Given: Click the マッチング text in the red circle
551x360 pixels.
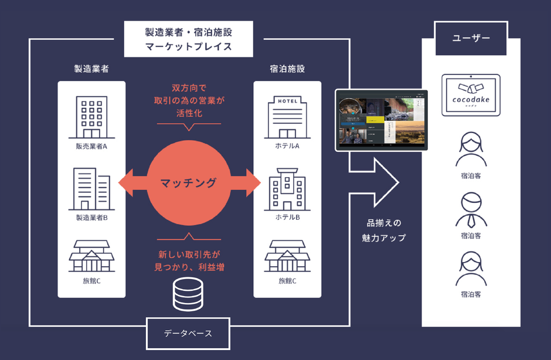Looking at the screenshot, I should pyautogui.click(x=189, y=183).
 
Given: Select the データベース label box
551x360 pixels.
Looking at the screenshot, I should pyautogui.click(x=188, y=334).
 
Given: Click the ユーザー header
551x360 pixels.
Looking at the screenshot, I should pyautogui.click(x=471, y=39).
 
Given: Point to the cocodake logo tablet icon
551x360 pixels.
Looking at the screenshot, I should pyautogui.click(x=471, y=94).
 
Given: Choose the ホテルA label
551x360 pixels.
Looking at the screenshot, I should pyautogui.click(x=287, y=146).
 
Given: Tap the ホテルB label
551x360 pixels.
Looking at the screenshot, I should pyautogui.click(x=287, y=218).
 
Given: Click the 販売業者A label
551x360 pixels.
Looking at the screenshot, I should pyautogui.click(x=91, y=146).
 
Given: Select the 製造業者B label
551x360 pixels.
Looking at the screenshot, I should pyautogui.click(x=91, y=218).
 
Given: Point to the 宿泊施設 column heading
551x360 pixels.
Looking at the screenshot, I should pyautogui.click(x=287, y=69).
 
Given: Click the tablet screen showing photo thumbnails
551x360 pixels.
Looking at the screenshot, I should pyautogui.click(x=381, y=120).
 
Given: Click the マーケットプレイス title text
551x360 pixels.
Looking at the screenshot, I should pyautogui.click(x=188, y=45).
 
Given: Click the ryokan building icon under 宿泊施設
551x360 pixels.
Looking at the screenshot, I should pyautogui.click(x=287, y=256).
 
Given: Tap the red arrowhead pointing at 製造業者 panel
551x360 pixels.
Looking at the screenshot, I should pyautogui.click(x=125, y=183).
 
